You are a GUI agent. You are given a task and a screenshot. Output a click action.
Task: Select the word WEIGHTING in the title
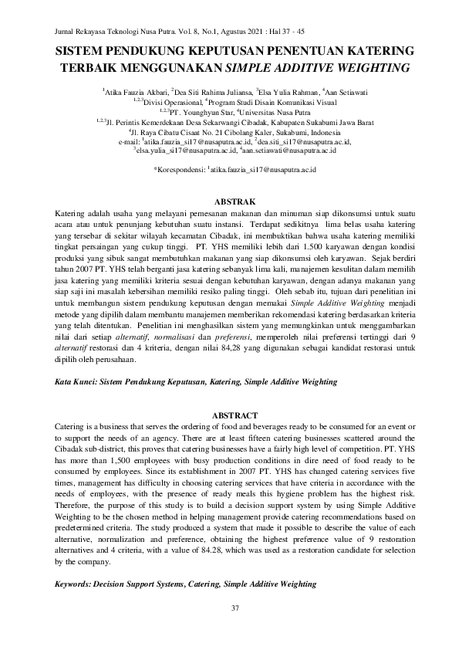click(x=370, y=66)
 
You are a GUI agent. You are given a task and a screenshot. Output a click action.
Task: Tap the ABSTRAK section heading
click(x=229, y=199)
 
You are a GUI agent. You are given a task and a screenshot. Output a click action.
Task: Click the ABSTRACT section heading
click(x=229, y=415)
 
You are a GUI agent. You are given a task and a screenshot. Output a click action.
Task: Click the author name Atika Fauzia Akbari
click(x=136, y=92)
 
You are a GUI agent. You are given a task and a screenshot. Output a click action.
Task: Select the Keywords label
click(x=79, y=585)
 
